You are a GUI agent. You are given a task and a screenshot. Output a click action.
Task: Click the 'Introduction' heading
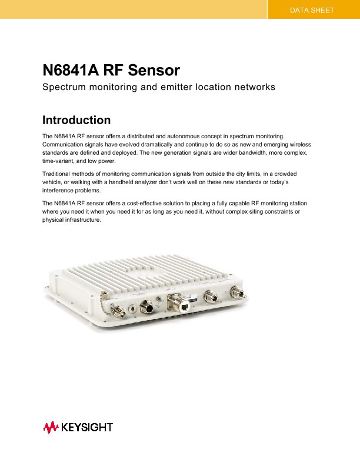tap(76, 120)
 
